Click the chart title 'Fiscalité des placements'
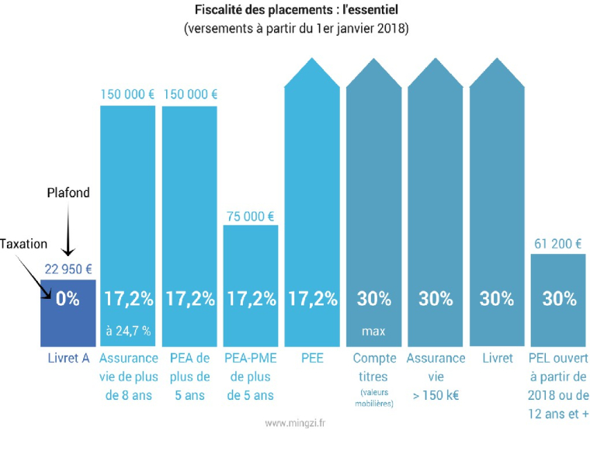point(296,12)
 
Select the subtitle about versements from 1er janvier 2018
point(296,29)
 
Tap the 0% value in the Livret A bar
point(67,298)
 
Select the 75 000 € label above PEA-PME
point(250,216)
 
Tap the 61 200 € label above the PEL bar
point(557,244)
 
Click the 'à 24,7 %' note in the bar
point(127,331)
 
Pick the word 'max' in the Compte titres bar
point(373,331)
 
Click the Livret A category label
point(67,359)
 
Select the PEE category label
point(312,359)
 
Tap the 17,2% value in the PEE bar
point(312,298)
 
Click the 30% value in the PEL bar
point(558,298)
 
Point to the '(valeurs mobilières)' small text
point(373,398)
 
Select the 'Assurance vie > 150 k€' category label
point(435,377)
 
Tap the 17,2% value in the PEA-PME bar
point(250,298)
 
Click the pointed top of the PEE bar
point(312,66)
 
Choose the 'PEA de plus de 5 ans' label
point(189,377)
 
